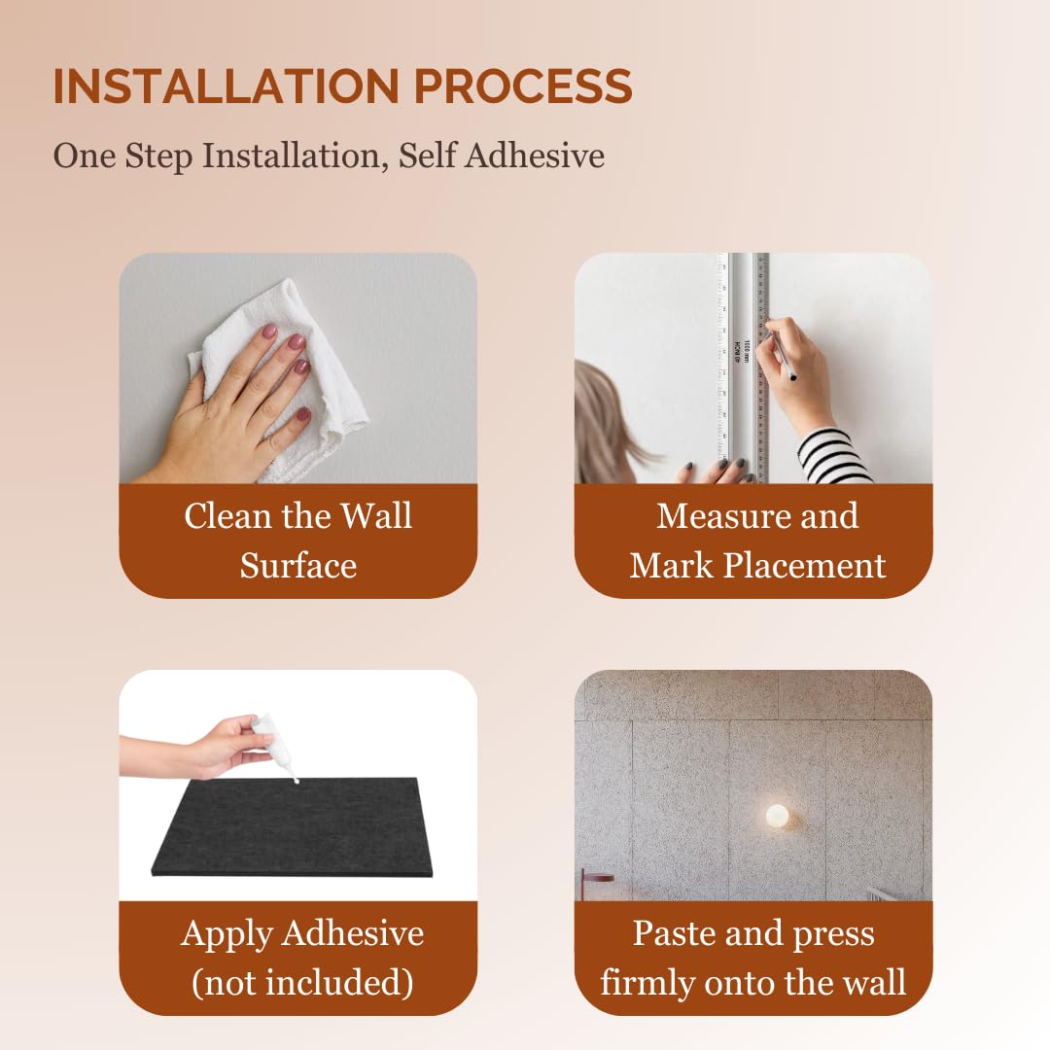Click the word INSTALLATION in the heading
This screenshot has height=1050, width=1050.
point(227,86)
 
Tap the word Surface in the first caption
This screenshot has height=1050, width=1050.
point(298,566)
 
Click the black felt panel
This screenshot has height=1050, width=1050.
point(292,827)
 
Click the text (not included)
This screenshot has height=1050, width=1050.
point(302,983)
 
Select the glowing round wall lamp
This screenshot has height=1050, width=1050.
point(778,816)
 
